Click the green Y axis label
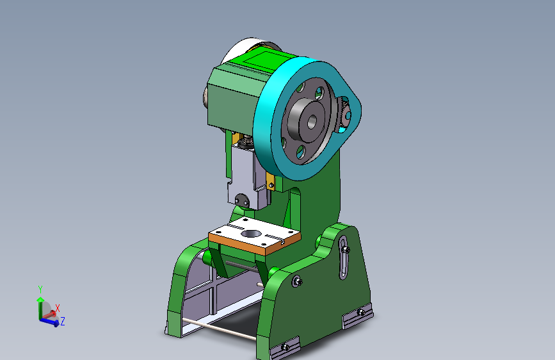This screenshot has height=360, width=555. point(40,289)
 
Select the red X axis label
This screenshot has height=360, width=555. point(58,308)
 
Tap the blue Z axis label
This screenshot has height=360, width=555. point(63,321)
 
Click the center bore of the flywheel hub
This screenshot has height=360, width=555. point(312,119)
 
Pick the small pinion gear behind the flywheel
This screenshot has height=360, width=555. point(344,116)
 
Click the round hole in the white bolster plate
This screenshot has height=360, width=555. point(251,233)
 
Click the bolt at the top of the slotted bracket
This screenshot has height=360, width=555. point(346,248)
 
